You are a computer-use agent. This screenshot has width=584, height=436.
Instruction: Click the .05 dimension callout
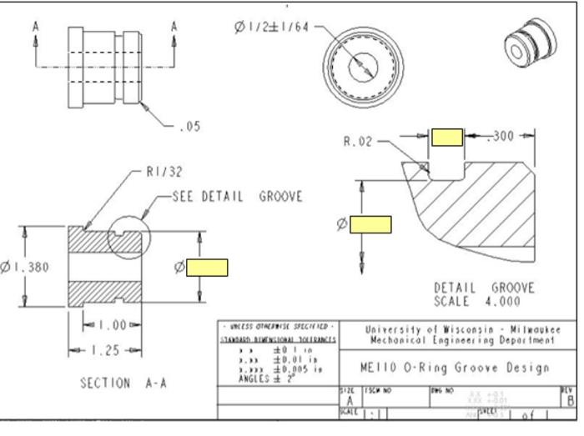189,127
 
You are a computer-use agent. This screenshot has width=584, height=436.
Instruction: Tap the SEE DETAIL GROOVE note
237,197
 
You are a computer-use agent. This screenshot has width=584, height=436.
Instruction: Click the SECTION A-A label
117,383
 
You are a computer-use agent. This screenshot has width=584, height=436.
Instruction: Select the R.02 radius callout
357,142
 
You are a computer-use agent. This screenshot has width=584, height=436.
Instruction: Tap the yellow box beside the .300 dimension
446,138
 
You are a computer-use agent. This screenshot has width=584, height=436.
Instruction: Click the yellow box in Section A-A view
207,268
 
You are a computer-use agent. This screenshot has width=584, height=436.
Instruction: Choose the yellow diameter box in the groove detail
370,223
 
